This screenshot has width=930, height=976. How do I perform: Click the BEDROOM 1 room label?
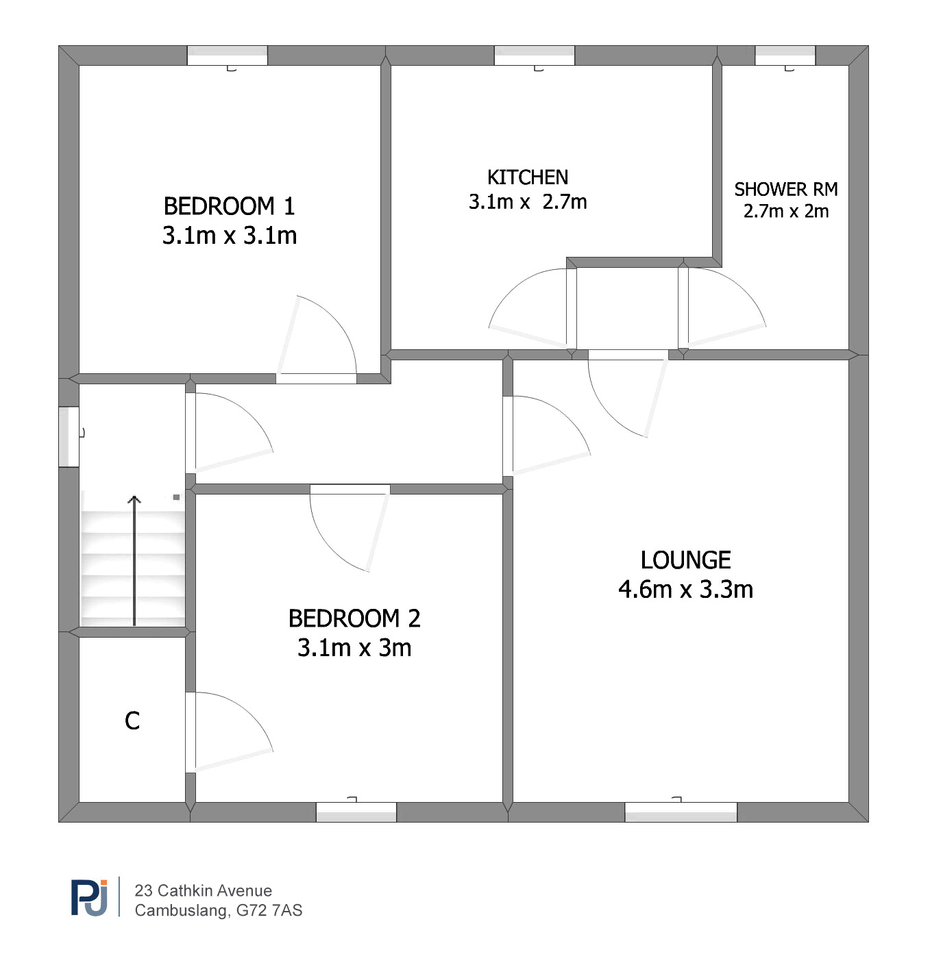click(x=229, y=206)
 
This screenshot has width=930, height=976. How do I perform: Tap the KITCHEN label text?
click(x=528, y=177)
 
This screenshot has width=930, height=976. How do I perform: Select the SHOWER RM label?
click(x=786, y=189)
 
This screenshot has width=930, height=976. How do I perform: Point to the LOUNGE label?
click(x=685, y=560)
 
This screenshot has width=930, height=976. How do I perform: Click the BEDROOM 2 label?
click(x=354, y=618)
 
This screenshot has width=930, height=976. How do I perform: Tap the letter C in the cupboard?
click(x=132, y=721)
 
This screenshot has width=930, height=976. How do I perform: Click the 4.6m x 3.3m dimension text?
click(x=685, y=589)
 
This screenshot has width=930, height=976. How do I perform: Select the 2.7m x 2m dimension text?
click(x=786, y=212)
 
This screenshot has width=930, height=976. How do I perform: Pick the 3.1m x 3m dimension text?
click(x=354, y=648)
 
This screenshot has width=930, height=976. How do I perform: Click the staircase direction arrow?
click(x=134, y=560)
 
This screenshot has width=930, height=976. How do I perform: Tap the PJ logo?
click(x=89, y=898)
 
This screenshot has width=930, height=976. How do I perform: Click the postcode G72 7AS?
click(x=269, y=910)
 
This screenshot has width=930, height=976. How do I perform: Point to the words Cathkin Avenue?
click(x=215, y=890)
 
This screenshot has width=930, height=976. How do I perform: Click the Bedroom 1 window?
click(x=227, y=55)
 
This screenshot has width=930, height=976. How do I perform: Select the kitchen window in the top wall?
click(x=534, y=55)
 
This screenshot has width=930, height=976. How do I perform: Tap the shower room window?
click(x=785, y=55)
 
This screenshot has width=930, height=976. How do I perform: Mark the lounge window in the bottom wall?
click(x=681, y=812)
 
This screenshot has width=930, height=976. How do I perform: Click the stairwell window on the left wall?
click(x=69, y=437)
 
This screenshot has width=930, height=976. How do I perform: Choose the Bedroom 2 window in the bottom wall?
click(x=356, y=812)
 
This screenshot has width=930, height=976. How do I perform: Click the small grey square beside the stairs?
click(x=176, y=497)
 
